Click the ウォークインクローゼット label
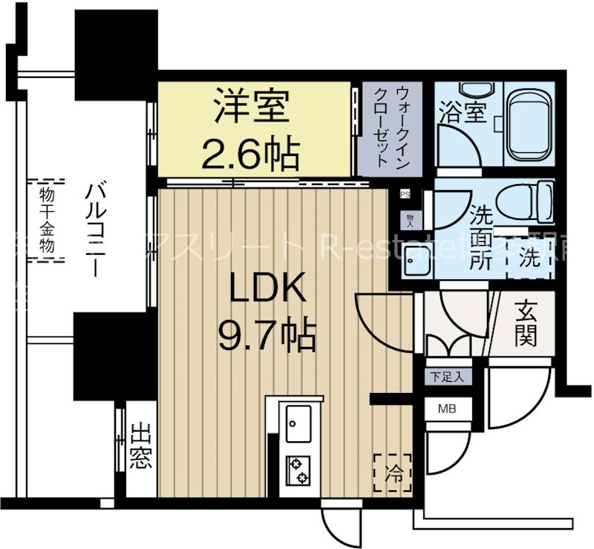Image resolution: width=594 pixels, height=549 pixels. click(391, 126)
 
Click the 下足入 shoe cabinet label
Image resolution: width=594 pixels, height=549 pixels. click(448, 377)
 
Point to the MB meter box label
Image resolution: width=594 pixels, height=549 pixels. click(446, 409)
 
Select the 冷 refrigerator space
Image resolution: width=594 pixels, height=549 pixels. click(393, 473)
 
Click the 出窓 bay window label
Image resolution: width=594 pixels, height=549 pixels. click(140, 448)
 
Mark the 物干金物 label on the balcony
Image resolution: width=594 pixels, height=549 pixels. click(46, 220)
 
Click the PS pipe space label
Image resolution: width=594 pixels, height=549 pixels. click(405, 195)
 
